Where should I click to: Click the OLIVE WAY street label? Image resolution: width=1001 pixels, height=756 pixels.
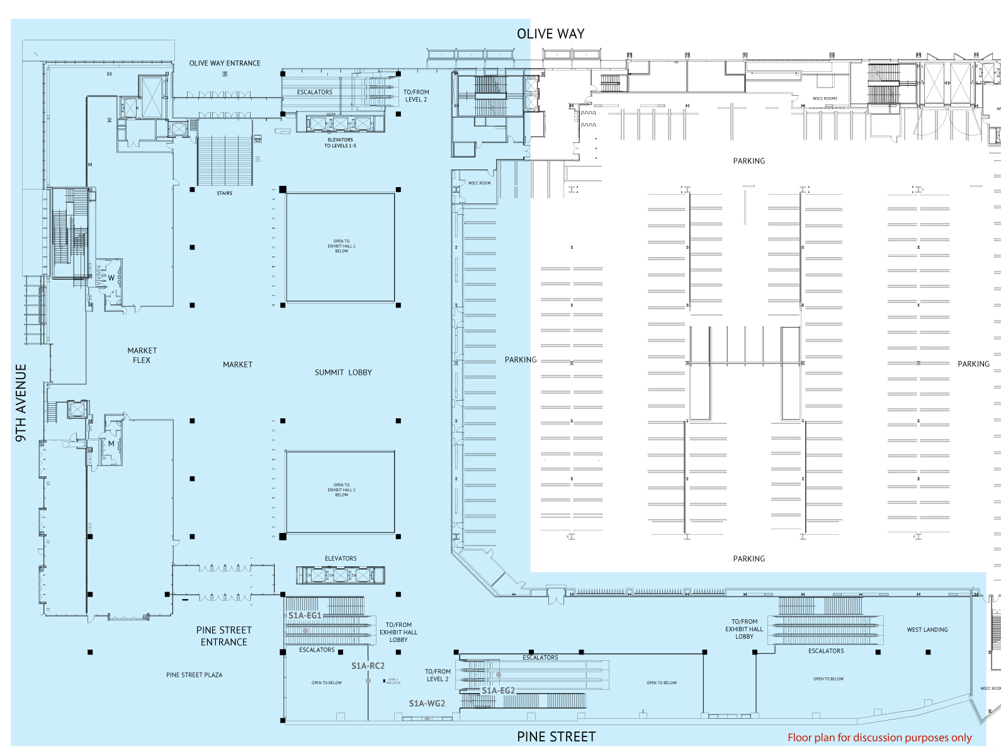(550, 34)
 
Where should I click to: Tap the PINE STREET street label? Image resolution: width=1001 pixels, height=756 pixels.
(556, 736)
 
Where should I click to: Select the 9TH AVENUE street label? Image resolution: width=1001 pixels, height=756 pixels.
(21, 403)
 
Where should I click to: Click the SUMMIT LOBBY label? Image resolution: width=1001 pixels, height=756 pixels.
(343, 372)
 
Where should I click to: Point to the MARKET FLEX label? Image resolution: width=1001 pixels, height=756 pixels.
(142, 355)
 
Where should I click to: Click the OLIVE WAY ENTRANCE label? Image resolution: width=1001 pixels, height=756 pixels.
(225, 63)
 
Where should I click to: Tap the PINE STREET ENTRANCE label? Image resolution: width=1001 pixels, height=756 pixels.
(224, 636)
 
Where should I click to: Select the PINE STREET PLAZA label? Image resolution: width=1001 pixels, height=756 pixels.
(194, 675)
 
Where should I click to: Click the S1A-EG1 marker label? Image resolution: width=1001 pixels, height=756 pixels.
(305, 616)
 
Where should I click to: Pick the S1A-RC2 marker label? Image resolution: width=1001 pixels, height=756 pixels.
(368, 665)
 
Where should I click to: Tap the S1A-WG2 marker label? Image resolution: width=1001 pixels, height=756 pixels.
(427, 703)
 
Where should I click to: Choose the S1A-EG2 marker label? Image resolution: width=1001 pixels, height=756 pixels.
(498, 690)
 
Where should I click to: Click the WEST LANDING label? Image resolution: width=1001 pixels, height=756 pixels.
(927, 629)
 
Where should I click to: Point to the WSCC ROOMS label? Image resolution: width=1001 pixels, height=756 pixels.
(825, 98)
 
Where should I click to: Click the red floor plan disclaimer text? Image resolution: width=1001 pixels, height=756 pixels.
(879, 737)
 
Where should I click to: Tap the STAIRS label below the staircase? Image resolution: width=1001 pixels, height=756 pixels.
(224, 193)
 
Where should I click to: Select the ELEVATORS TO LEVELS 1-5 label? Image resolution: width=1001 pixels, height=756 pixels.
(340, 142)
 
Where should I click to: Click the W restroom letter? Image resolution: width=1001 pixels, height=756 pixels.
(111, 278)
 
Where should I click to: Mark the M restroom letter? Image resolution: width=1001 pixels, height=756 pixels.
(111, 444)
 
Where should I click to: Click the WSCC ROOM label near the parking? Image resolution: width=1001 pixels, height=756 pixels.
(479, 183)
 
